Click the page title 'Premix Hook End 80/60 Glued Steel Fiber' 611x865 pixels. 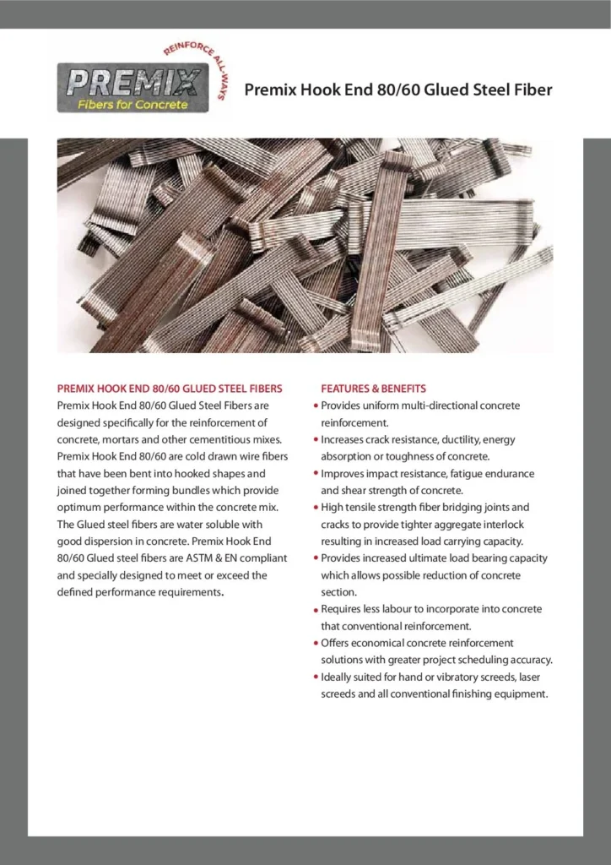398,89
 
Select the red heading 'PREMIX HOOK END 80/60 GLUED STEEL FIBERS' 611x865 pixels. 170,389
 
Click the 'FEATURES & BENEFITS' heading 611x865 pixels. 373,389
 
